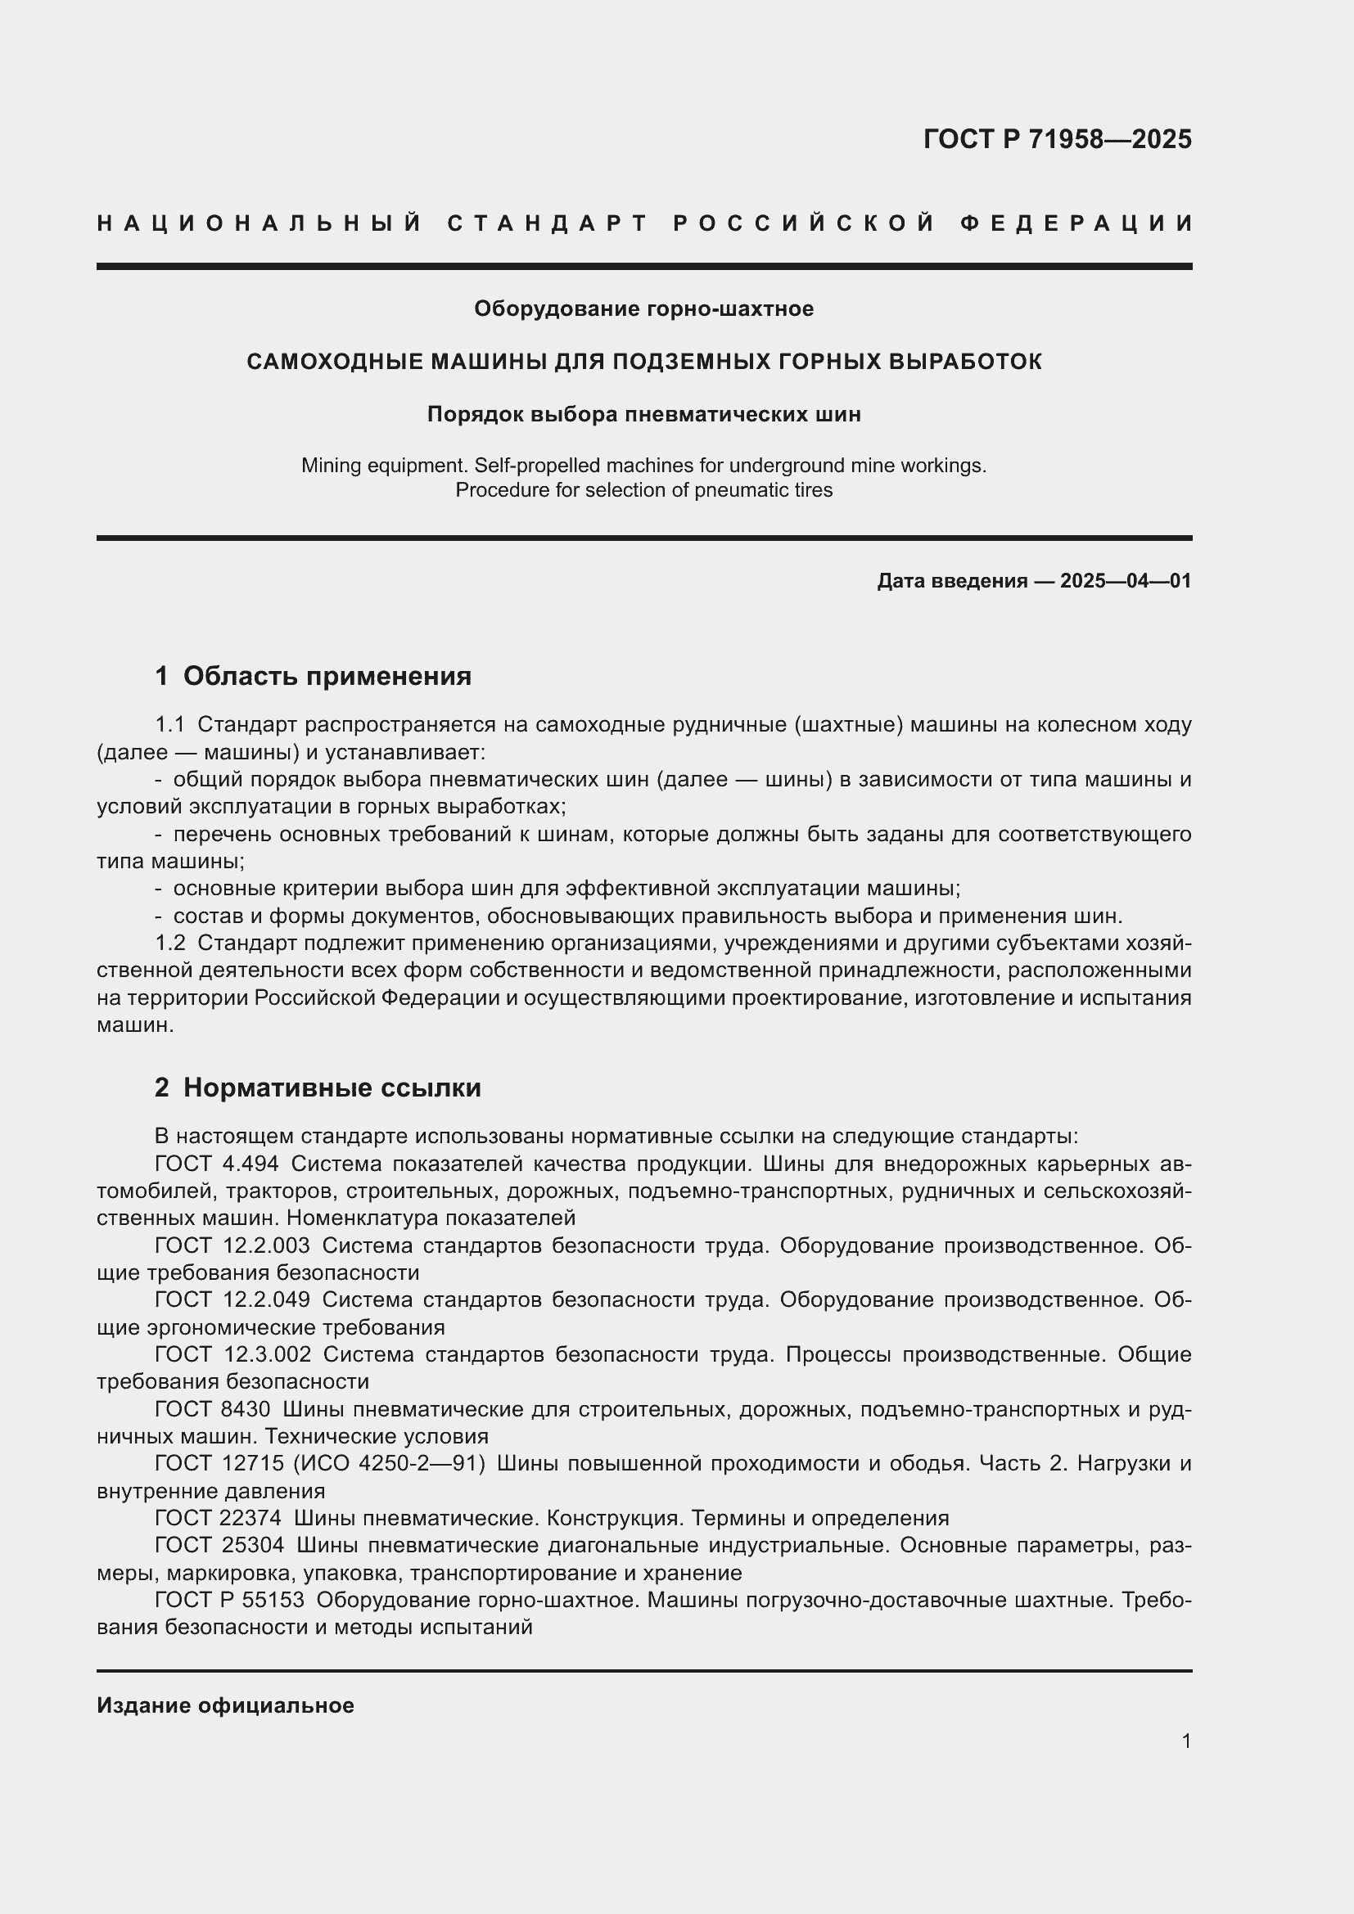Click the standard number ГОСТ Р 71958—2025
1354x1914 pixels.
coord(1057,139)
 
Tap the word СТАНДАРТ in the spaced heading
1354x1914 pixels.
coord(548,223)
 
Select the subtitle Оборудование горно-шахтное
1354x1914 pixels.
coord(643,309)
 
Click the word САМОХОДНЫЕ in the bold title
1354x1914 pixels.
coord(333,362)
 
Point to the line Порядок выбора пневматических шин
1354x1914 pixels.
coord(643,414)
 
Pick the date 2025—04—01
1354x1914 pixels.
coord(1126,581)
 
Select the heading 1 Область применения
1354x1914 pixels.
coord(313,676)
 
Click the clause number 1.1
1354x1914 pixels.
coord(169,725)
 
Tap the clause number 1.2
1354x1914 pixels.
coord(169,943)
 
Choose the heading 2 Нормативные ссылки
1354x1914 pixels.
coord(318,1088)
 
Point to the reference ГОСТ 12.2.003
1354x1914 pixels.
coord(232,1245)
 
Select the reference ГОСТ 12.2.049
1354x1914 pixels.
coord(232,1299)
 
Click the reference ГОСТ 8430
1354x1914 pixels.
coord(213,1410)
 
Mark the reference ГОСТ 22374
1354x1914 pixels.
coord(218,1518)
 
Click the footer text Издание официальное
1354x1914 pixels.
coord(225,1705)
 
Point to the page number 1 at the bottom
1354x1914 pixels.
coord(1186,1741)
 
